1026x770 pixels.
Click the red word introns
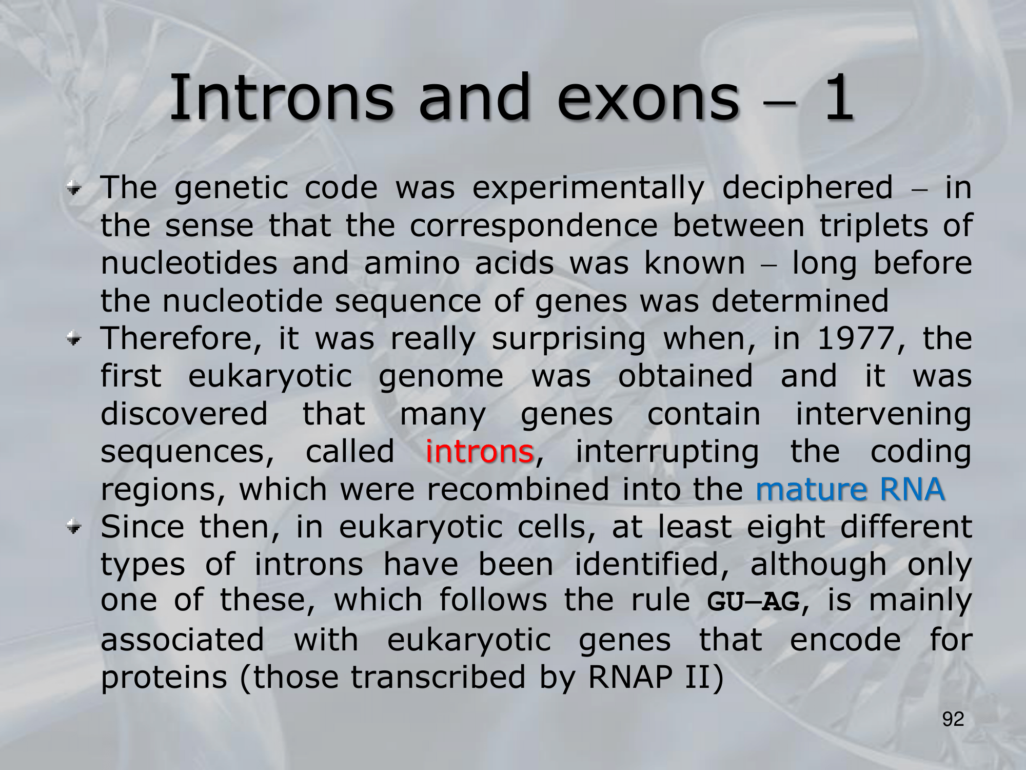[x=480, y=451]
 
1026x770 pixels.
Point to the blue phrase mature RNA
[x=850, y=489]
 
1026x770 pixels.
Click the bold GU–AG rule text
[x=753, y=602]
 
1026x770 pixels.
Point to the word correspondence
[x=534, y=226]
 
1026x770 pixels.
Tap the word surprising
[x=569, y=340]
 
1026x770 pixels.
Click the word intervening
[x=883, y=415]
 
